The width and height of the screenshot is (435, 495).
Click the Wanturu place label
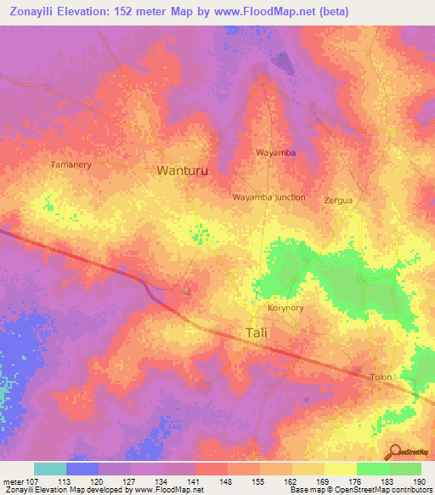pyautogui.click(x=182, y=170)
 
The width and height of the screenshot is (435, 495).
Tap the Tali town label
pyautogui.click(x=255, y=333)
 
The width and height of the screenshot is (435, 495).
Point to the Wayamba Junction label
pyautogui.click(x=268, y=196)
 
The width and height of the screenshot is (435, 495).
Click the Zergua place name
pyautogui.click(x=337, y=201)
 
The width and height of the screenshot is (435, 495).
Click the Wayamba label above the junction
pyautogui.click(x=275, y=153)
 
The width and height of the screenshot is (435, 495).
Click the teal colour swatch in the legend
pyautogui.click(x=50, y=468)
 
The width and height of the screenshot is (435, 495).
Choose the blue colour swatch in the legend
pyautogui.click(x=82, y=468)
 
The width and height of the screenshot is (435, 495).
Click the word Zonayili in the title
pyautogui.click(x=38, y=12)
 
